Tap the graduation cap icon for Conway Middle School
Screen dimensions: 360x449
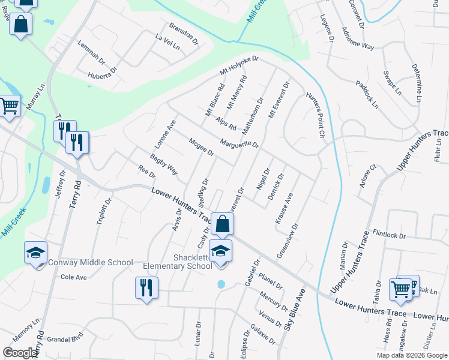[35, 253]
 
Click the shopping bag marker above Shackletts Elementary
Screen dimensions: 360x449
[222, 224]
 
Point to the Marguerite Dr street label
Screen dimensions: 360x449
[239, 145]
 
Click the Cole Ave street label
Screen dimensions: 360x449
[74, 277]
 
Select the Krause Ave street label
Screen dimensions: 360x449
[284, 208]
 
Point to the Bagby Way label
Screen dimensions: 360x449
[163, 164]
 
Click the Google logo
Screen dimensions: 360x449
[20, 353]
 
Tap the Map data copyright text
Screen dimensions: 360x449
[411, 355]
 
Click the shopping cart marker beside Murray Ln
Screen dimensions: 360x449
[9, 106]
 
